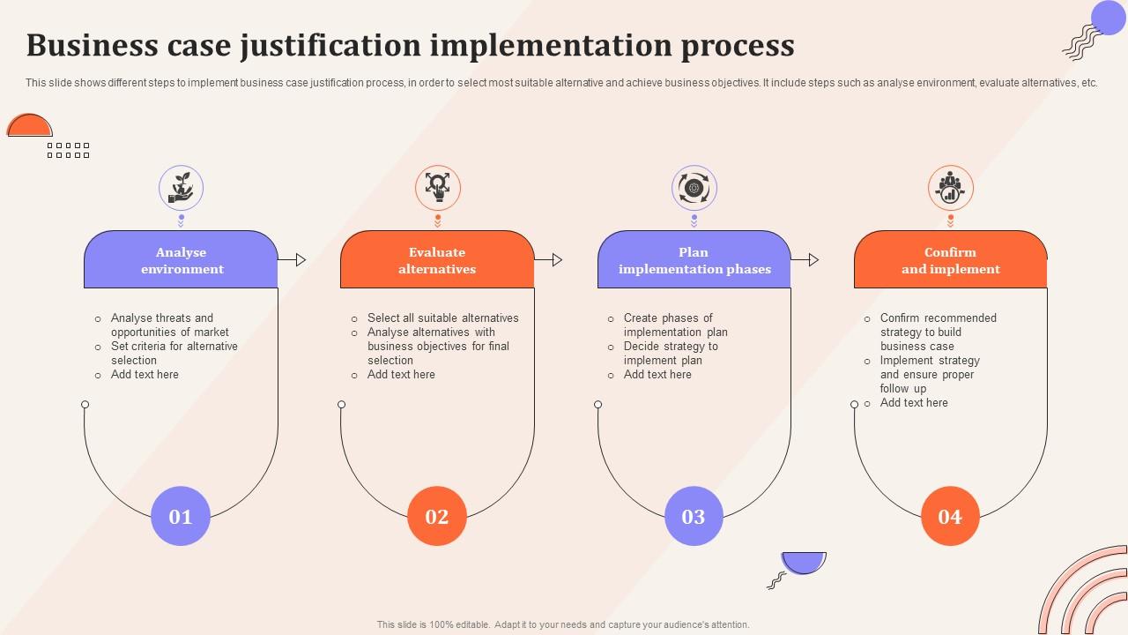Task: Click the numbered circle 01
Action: (x=181, y=516)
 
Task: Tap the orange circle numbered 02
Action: (x=436, y=516)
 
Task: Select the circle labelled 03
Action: (x=694, y=516)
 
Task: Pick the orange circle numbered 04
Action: (x=950, y=516)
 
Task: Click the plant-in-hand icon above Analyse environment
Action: (x=182, y=188)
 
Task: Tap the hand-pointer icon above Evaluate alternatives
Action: (x=438, y=188)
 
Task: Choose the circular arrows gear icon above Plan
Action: (x=694, y=188)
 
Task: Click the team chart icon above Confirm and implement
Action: (x=950, y=188)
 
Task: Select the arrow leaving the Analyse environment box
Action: (x=292, y=260)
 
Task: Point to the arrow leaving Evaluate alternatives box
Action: (x=548, y=260)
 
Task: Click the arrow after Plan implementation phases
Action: (x=805, y=260)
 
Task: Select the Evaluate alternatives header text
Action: (x=437, y=260)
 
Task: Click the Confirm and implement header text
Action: (x=950, y=260)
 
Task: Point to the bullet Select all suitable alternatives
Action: (x=442, y=318)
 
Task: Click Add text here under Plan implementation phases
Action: (x=657, y=375)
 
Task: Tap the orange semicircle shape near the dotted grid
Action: (x=30, y=125)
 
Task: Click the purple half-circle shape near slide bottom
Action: (x=804, y=563)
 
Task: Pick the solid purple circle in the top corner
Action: (x=1108, y=18)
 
